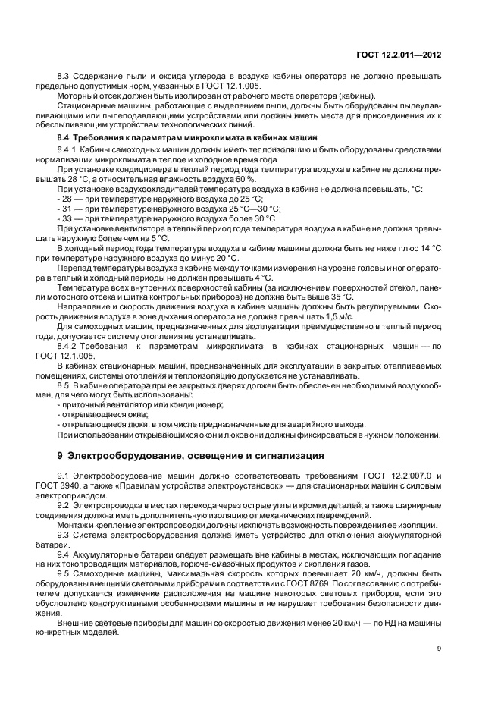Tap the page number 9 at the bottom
(440, 648)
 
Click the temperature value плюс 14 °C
(419, 248)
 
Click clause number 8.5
(64, 385)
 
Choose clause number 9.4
(64, 553)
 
